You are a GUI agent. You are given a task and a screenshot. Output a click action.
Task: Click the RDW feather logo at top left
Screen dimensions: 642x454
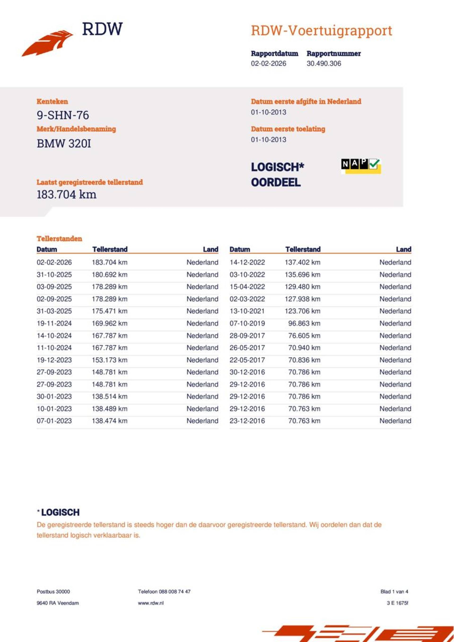(47, 43)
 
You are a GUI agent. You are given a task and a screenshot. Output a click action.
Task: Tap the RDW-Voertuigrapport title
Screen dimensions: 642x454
(321, 30)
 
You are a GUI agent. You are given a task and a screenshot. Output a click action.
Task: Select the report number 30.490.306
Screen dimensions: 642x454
(324, 64)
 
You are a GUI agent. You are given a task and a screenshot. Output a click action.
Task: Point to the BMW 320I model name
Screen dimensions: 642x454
(64, 144)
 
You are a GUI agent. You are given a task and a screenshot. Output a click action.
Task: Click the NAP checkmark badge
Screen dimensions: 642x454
(361, 166)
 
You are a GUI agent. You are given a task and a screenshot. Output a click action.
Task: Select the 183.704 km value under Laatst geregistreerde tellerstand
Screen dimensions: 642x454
(66, 195)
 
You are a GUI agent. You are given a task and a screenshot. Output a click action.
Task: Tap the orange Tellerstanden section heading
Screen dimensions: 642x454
(59, 238)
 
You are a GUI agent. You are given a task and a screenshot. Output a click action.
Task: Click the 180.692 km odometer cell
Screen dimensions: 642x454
(109, 275)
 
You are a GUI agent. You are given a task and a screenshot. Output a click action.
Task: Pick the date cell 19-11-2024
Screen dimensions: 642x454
(54, 323)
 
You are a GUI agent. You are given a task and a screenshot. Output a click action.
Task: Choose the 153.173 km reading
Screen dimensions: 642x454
(109, 360)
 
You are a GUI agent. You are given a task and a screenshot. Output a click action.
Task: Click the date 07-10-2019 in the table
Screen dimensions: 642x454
(247, 323)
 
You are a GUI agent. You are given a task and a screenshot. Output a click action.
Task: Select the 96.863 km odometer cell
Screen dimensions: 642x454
(304, 323)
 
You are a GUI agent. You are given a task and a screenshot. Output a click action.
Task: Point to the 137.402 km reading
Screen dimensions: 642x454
(302, 262)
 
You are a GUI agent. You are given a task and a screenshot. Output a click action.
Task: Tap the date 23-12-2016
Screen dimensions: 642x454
(247, 421)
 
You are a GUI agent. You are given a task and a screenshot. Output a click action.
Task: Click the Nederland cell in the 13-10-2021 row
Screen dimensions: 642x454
(395, 311)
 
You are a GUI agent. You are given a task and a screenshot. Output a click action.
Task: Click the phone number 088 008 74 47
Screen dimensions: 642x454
(175, 592)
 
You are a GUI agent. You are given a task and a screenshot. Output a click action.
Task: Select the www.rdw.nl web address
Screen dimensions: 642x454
(151, 603)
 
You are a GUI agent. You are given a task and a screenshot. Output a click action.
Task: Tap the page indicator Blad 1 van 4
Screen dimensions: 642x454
(394, 592)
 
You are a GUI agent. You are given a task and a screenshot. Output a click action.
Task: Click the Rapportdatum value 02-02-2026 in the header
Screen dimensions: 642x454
(268, 64)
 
